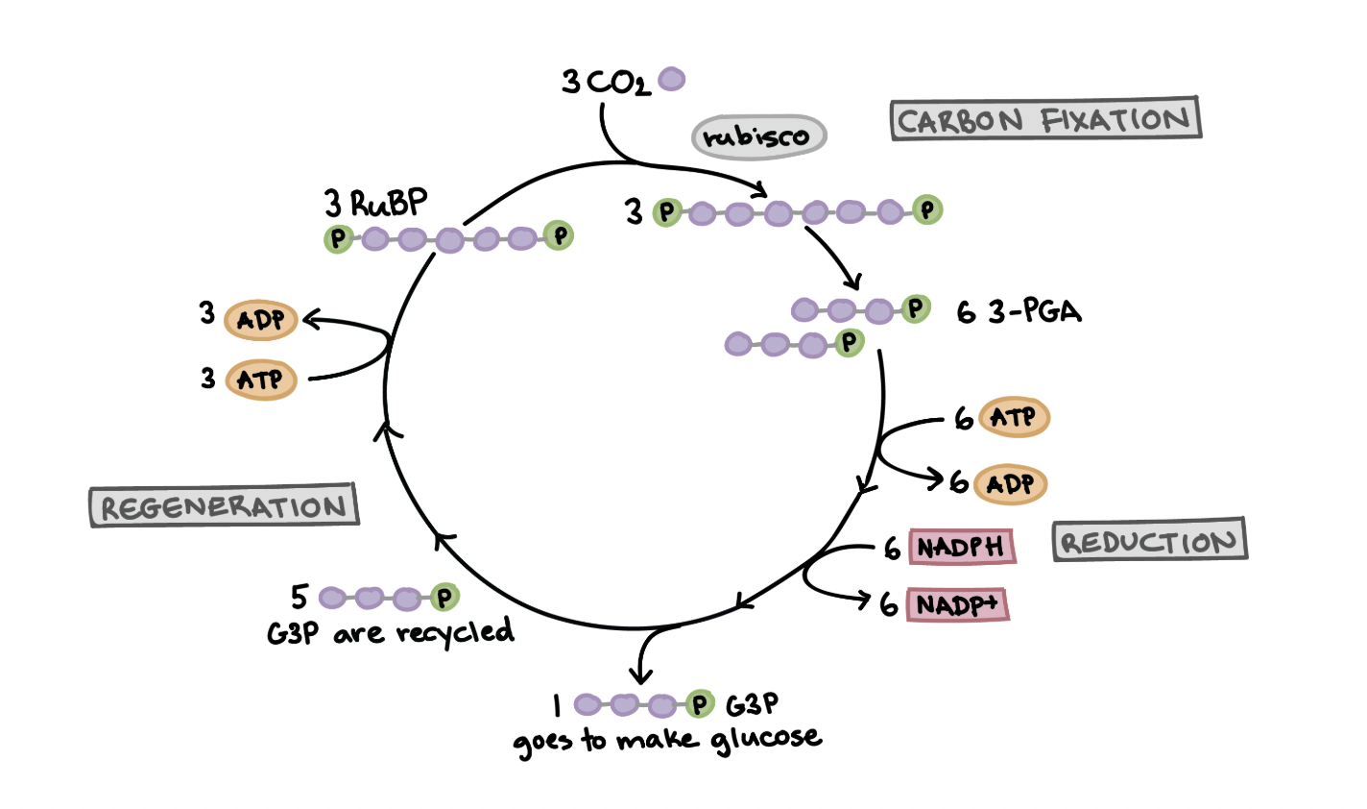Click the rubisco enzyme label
tap(758, 136)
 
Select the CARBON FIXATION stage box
tap(1044, 120)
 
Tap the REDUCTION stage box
tap(1148, 542)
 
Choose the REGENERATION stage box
tap(223, 506)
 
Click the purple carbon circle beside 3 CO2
tap(671, 79)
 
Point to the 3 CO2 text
tap(606, 83)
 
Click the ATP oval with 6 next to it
tap(1014, 418)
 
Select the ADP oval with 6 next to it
tap(1010, 484)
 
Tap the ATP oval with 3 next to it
tap(261, 380)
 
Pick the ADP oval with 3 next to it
tap(261, 320)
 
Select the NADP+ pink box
tap(957, 605)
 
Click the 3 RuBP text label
tap(376, 204)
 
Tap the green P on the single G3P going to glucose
tap(700, 705)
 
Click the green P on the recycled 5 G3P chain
tap(444, 599)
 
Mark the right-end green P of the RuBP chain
tap(558, 234)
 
